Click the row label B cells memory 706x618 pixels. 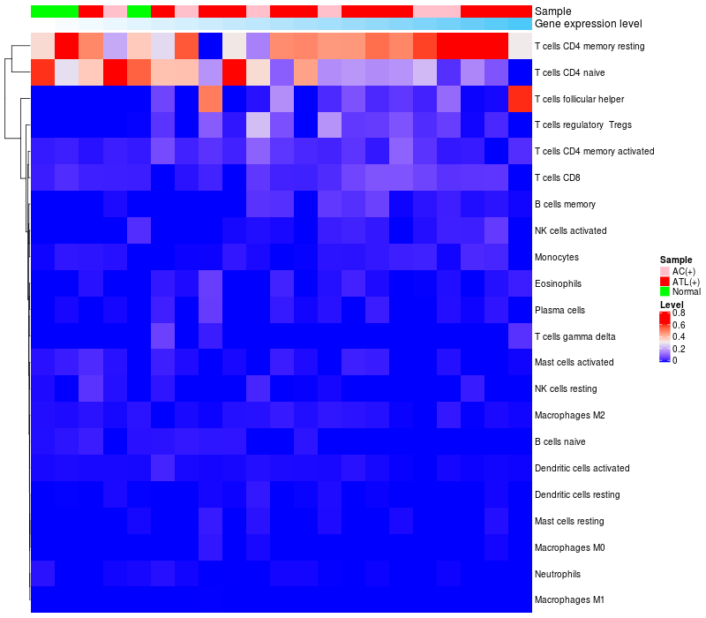pos(565,204)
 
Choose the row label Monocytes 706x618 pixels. pos(558,257)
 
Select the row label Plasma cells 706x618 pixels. pos(560,310)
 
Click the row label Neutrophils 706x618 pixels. pos(558,574)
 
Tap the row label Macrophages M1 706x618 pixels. pos(569,600)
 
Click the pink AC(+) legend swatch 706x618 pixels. pos(665,271)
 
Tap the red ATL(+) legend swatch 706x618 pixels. pos(665,281)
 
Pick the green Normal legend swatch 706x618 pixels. pos(665,291)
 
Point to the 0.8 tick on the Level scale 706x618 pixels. pos(680,313)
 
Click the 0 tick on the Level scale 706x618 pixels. pos(675,360)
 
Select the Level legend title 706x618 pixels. pos(672,305)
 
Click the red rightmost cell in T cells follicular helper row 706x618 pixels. pos(521,99)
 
